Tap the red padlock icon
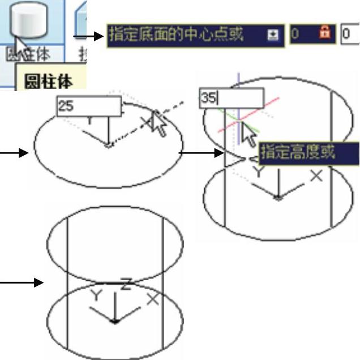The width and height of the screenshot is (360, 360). (325, 35)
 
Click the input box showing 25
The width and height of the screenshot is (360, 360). (89, 106)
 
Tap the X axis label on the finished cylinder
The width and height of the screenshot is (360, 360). (152, 299)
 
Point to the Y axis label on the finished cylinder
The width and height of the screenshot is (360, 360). (96, 294)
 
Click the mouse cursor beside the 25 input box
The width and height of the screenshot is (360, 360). (158, 123)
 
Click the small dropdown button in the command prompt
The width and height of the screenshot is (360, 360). (273, 36)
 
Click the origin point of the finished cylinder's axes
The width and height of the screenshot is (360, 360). (115, 321)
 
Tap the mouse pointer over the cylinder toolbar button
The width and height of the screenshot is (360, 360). (22, 46)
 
